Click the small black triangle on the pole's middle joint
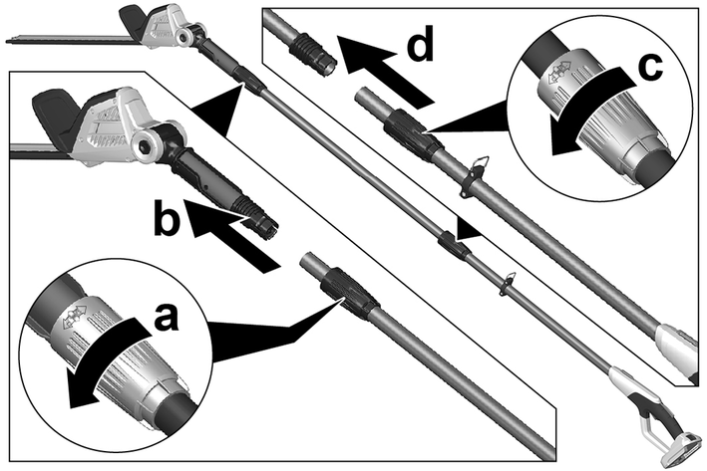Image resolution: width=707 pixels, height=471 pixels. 464,231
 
